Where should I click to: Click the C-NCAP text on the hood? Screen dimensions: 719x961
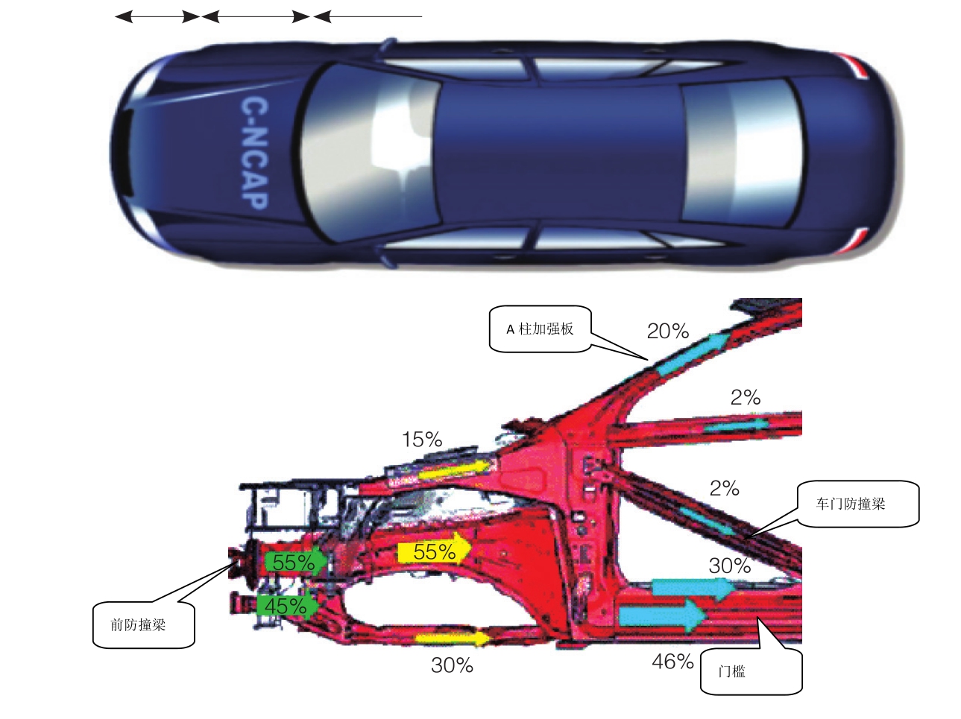253,153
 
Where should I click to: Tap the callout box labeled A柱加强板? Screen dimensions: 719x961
541,329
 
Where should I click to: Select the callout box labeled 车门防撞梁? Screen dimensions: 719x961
857,504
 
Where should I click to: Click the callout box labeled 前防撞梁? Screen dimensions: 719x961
143,625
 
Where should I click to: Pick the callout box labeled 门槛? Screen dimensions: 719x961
751,671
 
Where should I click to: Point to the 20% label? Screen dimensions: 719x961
667,332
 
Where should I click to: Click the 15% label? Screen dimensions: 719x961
422,440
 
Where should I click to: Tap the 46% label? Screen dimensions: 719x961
672,661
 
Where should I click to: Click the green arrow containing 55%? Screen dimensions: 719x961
294,563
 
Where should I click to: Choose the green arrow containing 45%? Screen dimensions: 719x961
287,606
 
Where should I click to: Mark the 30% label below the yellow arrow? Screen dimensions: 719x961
452,665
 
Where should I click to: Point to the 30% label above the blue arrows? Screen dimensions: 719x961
729,566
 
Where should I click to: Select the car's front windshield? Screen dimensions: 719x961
358,153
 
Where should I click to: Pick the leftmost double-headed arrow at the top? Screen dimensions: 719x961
157,16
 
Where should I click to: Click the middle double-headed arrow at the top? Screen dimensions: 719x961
256,16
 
